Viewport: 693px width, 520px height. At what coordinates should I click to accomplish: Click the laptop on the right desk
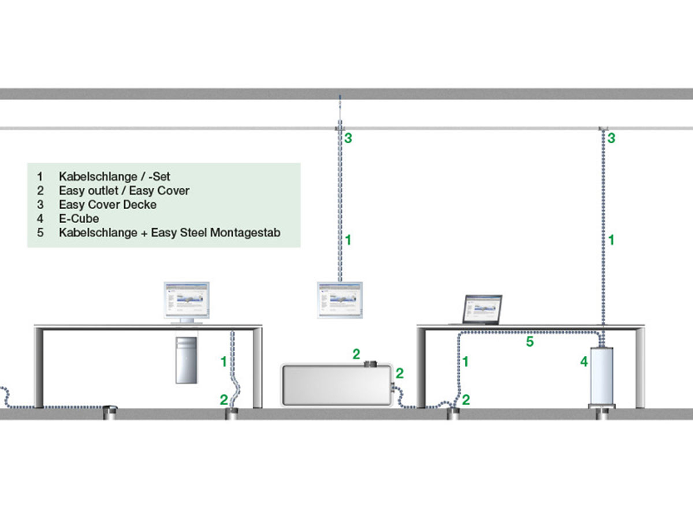482,310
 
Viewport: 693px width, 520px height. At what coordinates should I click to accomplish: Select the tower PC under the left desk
187,358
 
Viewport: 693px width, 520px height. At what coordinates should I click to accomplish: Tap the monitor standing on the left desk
186,301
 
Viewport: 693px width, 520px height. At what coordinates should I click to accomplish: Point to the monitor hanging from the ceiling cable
340,300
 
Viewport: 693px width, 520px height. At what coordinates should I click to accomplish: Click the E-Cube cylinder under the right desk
602,375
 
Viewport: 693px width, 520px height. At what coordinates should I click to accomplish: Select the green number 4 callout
584,362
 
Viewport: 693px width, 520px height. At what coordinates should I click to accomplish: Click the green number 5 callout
530,342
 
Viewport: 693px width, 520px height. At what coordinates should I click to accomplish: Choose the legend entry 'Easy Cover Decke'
107,205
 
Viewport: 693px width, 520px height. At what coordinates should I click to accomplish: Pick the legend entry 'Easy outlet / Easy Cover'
124,190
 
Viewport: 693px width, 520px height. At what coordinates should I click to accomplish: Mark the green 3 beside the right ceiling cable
611,138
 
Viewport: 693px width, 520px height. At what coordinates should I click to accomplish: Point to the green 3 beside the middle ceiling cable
348,139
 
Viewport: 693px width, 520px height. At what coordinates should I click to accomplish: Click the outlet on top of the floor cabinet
371,364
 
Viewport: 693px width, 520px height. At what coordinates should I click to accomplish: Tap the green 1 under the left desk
223,362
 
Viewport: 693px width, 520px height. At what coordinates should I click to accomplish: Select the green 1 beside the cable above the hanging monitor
348,239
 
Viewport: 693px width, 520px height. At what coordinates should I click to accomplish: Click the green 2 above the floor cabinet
356,354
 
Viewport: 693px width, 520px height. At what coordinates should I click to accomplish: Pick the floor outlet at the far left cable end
110,411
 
